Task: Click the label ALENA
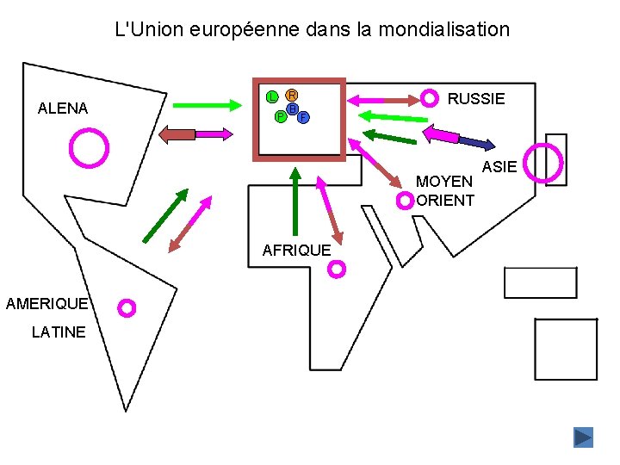tap(63, 108)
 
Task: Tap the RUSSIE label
tap(476, 99)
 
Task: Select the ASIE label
tap(499, 165)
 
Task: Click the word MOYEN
tap(444, 182)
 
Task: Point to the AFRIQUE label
tap(296, 251)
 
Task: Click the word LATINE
tap(59, 332)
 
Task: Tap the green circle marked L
tap(271, 96)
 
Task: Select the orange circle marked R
tap(292, 95)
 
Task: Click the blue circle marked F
tap(303, 116)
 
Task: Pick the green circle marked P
tap(281, 116)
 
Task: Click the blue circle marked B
tap(293, 109)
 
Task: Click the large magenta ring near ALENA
tap(90, 147)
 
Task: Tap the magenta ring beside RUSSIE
tap(428, 99)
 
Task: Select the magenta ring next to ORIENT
tap(405, 201)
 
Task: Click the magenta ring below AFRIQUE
tap(338, 270)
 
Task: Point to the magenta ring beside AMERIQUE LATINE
tap(127, 307)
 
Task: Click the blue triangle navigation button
tap(583, 437)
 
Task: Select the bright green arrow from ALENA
tap(209, 105)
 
